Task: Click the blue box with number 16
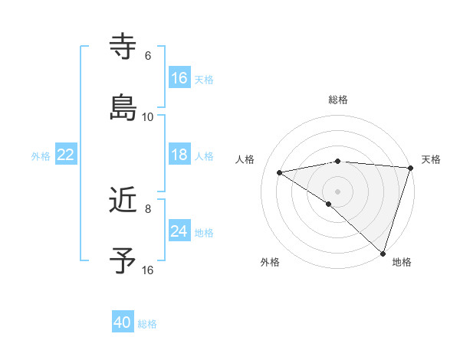(179, 78)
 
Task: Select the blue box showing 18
(179, 155)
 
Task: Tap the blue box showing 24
(179, 231)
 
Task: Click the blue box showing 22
(66, 155)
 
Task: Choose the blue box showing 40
(123, 322)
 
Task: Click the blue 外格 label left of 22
(41, 155)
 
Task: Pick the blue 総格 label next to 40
(147, 324)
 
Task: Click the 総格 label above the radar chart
(338, 100)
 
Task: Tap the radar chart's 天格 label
(431, 159)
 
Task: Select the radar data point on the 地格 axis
(383, 254)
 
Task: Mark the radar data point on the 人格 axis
(280, 172)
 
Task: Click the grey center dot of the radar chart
(337, 190)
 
